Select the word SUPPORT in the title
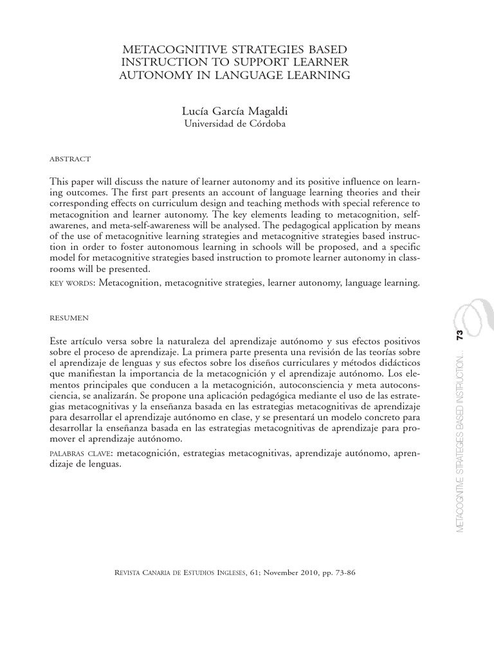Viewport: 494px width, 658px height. [265, 62]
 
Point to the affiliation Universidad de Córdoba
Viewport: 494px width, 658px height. [235, 124]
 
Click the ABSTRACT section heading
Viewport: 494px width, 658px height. [70, 159]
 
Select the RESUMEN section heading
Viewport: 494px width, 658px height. [69, 317]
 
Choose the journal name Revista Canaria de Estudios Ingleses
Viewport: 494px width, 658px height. [179, 573]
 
